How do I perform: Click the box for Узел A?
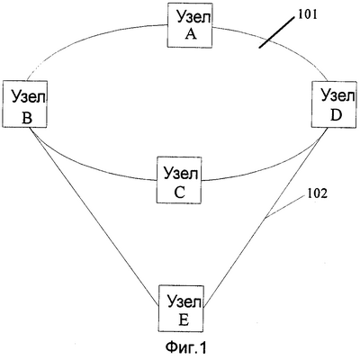click(190, 25)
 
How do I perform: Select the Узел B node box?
click(24, 104)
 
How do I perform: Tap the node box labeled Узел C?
click(179, 180)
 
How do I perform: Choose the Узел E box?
click(181, 309)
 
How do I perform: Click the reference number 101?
click(307, 14)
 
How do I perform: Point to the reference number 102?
click(317, 193)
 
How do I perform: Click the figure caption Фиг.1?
click(185, 347)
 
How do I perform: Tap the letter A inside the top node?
click(191, 34)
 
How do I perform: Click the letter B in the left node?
click(27, 119)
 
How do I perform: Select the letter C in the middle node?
click(180, 193)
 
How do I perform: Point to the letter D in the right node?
click(337, 115)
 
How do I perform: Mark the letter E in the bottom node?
click(184, 320)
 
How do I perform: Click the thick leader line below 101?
click(277, 32)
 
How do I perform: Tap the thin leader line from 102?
click(285, 206)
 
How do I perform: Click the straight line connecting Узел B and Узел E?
click(94, 216)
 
